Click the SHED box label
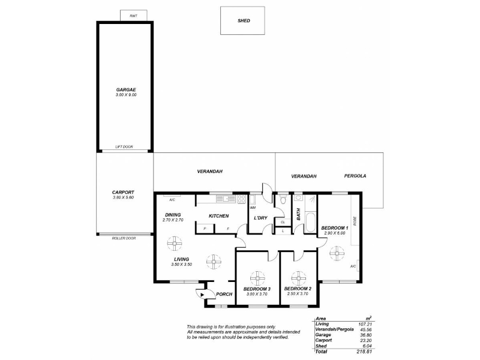point(244,21)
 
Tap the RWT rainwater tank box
point(133,16)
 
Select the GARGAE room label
point(126,89)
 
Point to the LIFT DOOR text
point(124,147)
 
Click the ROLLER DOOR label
point(124,238)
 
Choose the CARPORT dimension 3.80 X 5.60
point(123,197)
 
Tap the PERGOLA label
point(355,176)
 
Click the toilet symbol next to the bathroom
point(283,199)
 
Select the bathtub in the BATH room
point(310,223)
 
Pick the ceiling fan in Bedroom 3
point(257,278)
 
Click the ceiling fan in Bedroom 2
point(298,278)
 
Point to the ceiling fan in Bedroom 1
point(337,253)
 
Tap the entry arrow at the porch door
point(202,295)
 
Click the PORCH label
point(224,294)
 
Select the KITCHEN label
point(218,216)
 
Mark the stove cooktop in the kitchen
point(241,199)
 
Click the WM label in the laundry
point(253,208)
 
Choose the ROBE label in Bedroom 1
point(355,221)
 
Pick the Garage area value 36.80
point(366,335)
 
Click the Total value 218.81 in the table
point(365,352)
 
